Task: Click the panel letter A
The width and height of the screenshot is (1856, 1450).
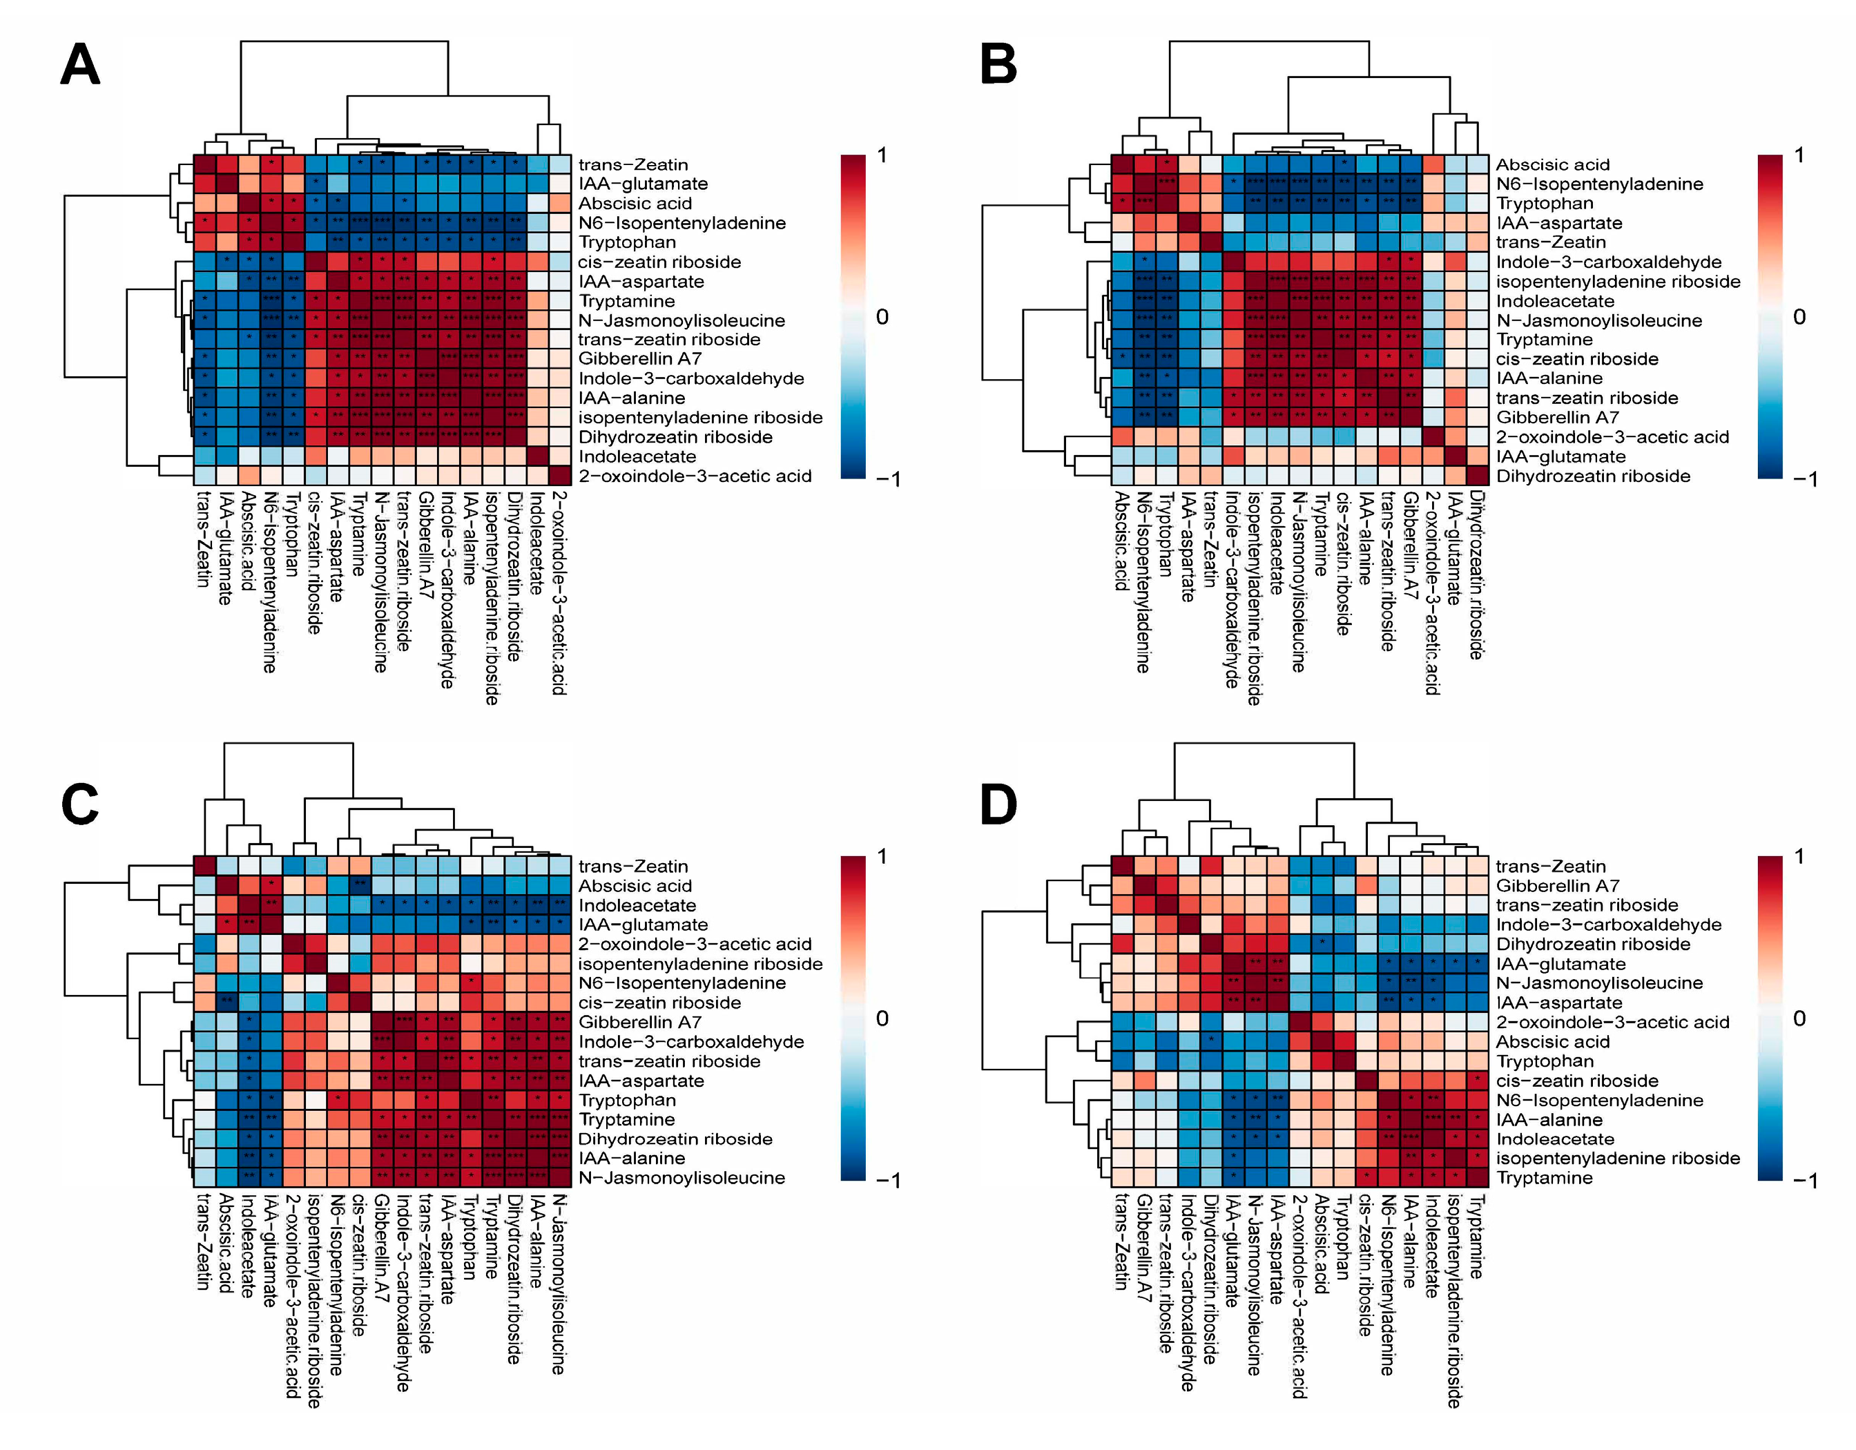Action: click(x=80, y=65)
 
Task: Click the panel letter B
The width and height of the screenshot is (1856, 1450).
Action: click(x=998, y=65)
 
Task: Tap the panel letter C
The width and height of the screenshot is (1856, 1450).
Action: click(x=80, y=804)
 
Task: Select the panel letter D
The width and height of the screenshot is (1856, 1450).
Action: click(x=998, y=804)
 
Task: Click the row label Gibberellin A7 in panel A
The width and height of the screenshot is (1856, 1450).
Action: click(x=640, y=358)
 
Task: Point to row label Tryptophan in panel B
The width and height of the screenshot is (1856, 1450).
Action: click(x=1544, y=203)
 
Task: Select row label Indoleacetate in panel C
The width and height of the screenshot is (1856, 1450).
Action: click(x=637, y=905)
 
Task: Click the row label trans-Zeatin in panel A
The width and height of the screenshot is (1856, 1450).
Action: click(x=633, y=165)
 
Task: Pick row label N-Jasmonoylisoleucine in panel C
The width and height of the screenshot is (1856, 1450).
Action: click(x=681, y=1178)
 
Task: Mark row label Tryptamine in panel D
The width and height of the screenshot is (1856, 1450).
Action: click(x=1544, y=1178)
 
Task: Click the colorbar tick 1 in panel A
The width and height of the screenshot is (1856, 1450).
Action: click(x=882, y=155)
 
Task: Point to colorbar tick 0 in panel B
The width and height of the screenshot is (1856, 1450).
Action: click(x=1799, y=317)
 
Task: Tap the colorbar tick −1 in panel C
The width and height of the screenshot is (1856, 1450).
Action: click(x=887, y=1181)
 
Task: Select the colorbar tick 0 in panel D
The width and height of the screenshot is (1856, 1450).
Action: click(x=1799, y=1018)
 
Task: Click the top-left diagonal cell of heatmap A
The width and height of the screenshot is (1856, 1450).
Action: click(x=205, y=164)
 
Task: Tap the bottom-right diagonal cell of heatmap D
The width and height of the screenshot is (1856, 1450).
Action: click(x=1478, y=1178)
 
